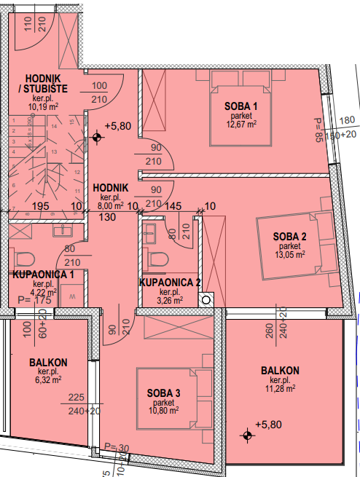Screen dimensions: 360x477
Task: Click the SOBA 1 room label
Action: click(240, 106)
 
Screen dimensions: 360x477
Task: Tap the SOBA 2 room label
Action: click(289, 237)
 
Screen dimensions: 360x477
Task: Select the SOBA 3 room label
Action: click(164, 393)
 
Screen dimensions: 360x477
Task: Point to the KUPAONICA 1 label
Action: click(43, 275)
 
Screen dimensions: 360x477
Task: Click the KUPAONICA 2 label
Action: click(170, 283)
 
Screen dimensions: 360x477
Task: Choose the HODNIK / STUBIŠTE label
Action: click(43, 84)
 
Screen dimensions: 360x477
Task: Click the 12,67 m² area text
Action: click(241, 124)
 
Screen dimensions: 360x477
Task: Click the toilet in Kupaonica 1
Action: click(24, 259)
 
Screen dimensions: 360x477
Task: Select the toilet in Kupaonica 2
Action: click(157, 259)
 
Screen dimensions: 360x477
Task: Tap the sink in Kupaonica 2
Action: click(149, 233)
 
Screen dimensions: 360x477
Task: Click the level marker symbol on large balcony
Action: click(247, 435)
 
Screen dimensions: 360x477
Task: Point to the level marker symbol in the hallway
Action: click(97, 138)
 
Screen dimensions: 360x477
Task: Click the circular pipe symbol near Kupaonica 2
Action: click(206, 300)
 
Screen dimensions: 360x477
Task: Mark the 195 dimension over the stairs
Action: click(41, 206)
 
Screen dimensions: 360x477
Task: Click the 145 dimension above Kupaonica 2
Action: click(173, 206)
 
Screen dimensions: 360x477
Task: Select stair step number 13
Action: click(54, 151)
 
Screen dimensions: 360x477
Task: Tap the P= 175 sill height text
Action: click(34, 300)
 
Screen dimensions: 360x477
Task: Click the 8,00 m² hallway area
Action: click(110, 205)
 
